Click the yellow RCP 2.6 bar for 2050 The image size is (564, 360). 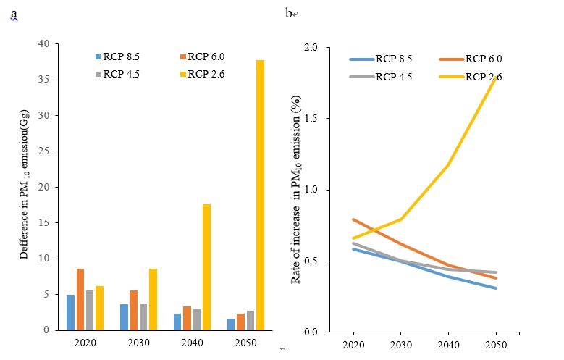pyautogui.click(x=260, y=195)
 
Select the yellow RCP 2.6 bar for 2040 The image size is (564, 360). pyautogui.click(x=206, y=267)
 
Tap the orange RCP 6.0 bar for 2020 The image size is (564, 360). pyautogui.click(x=80, y=299)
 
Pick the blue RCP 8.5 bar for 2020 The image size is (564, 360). pyautogui.click(x=70, y=312)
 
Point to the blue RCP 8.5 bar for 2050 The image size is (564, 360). pyautogui.click(x=231, y=324)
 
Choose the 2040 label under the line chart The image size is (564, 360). pyautogui.click(x=449, y=345)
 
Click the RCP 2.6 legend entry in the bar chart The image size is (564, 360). pyautogui.click(x=206, y=74)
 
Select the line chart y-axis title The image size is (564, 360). pyautogui.click(x=296, y=188)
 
